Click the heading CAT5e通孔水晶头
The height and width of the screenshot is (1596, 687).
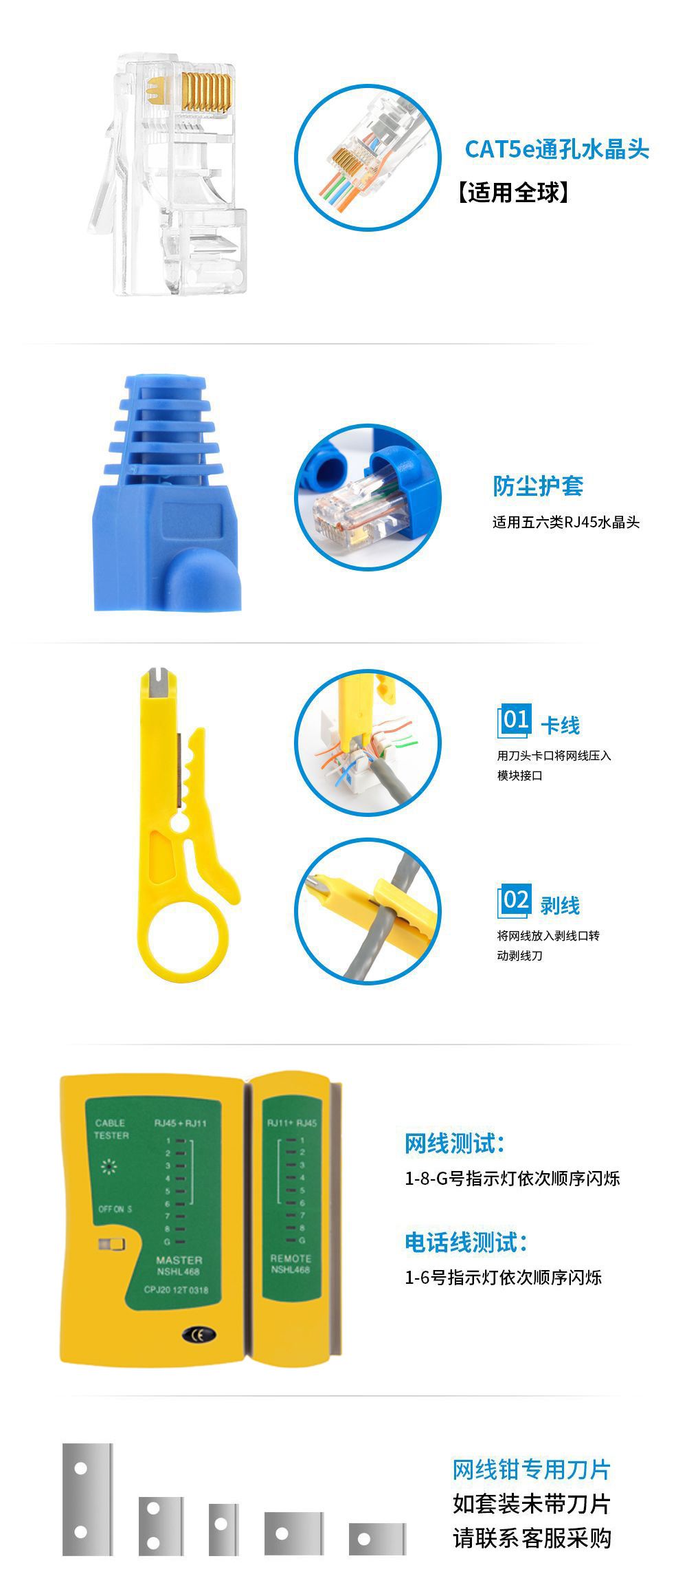[x=556, y=149]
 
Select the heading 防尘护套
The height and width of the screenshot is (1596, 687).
[x=538, y=486]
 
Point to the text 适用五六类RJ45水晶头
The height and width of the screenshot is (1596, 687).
[x=565, y=523]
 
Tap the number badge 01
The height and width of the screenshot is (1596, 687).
[x=515, y=721]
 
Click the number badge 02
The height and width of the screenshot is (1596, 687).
[x=515, y=901]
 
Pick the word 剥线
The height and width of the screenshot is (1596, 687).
[x=560, y=906]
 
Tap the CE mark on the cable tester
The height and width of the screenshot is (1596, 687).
[x=199, y=1335]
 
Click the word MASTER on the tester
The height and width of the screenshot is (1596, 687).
[x=179, y=1260]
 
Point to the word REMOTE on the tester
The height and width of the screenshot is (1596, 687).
[x=291, y=1258]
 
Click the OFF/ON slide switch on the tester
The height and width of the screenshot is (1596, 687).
[x=111, y=1245]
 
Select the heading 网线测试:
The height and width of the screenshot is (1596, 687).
[x=455, y=1143]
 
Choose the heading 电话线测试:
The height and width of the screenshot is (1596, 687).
[x=466, y=1242]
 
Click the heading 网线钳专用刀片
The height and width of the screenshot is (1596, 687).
[x=532, y=1469]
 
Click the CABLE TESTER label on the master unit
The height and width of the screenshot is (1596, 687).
[x=111, y=1129]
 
